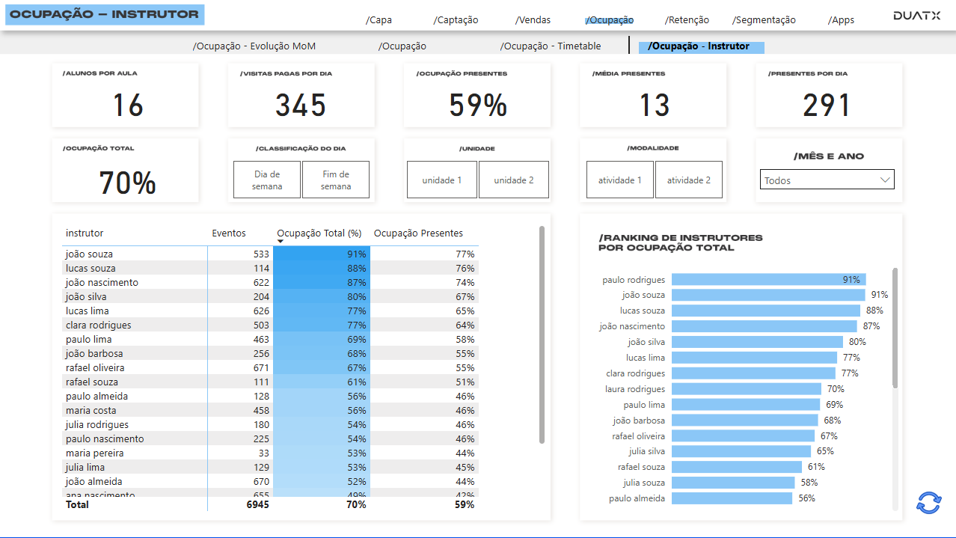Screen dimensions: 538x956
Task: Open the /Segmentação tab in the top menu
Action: (764, 20)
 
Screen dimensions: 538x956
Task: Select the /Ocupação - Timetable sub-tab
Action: (551, 46)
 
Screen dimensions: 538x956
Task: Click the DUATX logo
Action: (916, 16)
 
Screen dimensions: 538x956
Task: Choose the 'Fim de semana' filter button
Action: (336, 180)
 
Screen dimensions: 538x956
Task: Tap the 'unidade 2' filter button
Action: (514, 180)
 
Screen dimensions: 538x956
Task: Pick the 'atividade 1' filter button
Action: (620, 180)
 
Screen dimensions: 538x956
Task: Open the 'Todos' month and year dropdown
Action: (827, 180)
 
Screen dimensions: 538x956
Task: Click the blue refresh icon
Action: (928, 503)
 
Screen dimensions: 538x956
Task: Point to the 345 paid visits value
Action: (301, 106)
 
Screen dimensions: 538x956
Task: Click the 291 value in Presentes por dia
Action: (827, 106)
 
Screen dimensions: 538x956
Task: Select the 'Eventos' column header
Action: (229, 233)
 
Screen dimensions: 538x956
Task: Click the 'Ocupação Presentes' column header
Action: (418, 233)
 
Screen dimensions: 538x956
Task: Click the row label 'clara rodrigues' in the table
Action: (98, 325)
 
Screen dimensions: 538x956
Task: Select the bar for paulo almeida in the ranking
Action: (732, 498)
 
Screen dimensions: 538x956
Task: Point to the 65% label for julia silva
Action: (825, 451)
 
